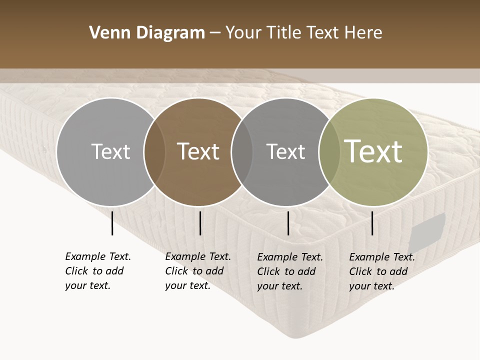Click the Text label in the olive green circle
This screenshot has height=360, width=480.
tap(373, 151)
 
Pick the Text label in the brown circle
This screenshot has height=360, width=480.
tap(198, 151)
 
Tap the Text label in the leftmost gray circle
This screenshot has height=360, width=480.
tap(110, 151)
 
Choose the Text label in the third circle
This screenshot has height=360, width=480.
tap(285, 151)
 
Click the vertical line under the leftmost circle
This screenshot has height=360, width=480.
tap(112, 223)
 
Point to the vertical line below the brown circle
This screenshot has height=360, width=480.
tap(200, 223)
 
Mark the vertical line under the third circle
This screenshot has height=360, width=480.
tap(288, 223)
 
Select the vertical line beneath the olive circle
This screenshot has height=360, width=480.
tap(372, 223)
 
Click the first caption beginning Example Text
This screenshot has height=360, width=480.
tap(98, 271)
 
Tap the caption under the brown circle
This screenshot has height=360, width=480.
tap(198, 271)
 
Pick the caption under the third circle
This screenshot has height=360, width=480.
tap(290, 271)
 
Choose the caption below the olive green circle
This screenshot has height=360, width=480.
tap(382, 271)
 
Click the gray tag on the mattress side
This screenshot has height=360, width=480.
tap(428, 232)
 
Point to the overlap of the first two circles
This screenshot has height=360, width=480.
tap(154, 151)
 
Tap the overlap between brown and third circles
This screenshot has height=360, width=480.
tap(242, 151)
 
